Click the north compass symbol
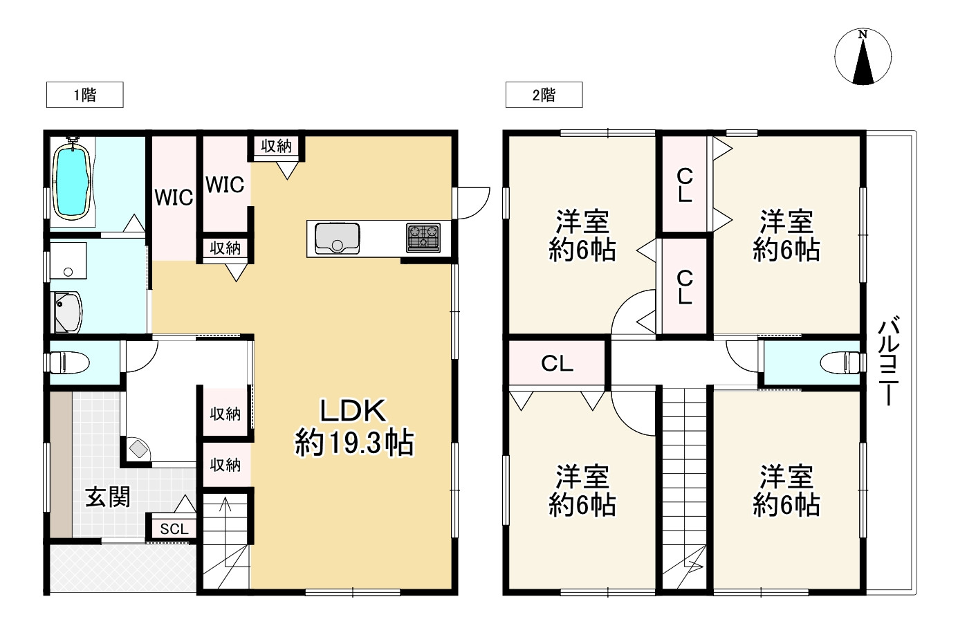point(863,57)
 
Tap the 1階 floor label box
point(84,95)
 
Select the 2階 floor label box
point(544,95)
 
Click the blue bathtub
point(72,183)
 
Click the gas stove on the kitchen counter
point(423,237)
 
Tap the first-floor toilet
point(69,362)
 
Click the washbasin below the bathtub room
point(68,312)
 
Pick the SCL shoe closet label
point(174,529)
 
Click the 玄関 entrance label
point(108,496)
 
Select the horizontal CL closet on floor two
point(557,363)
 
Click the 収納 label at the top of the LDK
point(276,146)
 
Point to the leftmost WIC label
point(174,198)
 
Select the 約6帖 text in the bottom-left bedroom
point(582,506)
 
